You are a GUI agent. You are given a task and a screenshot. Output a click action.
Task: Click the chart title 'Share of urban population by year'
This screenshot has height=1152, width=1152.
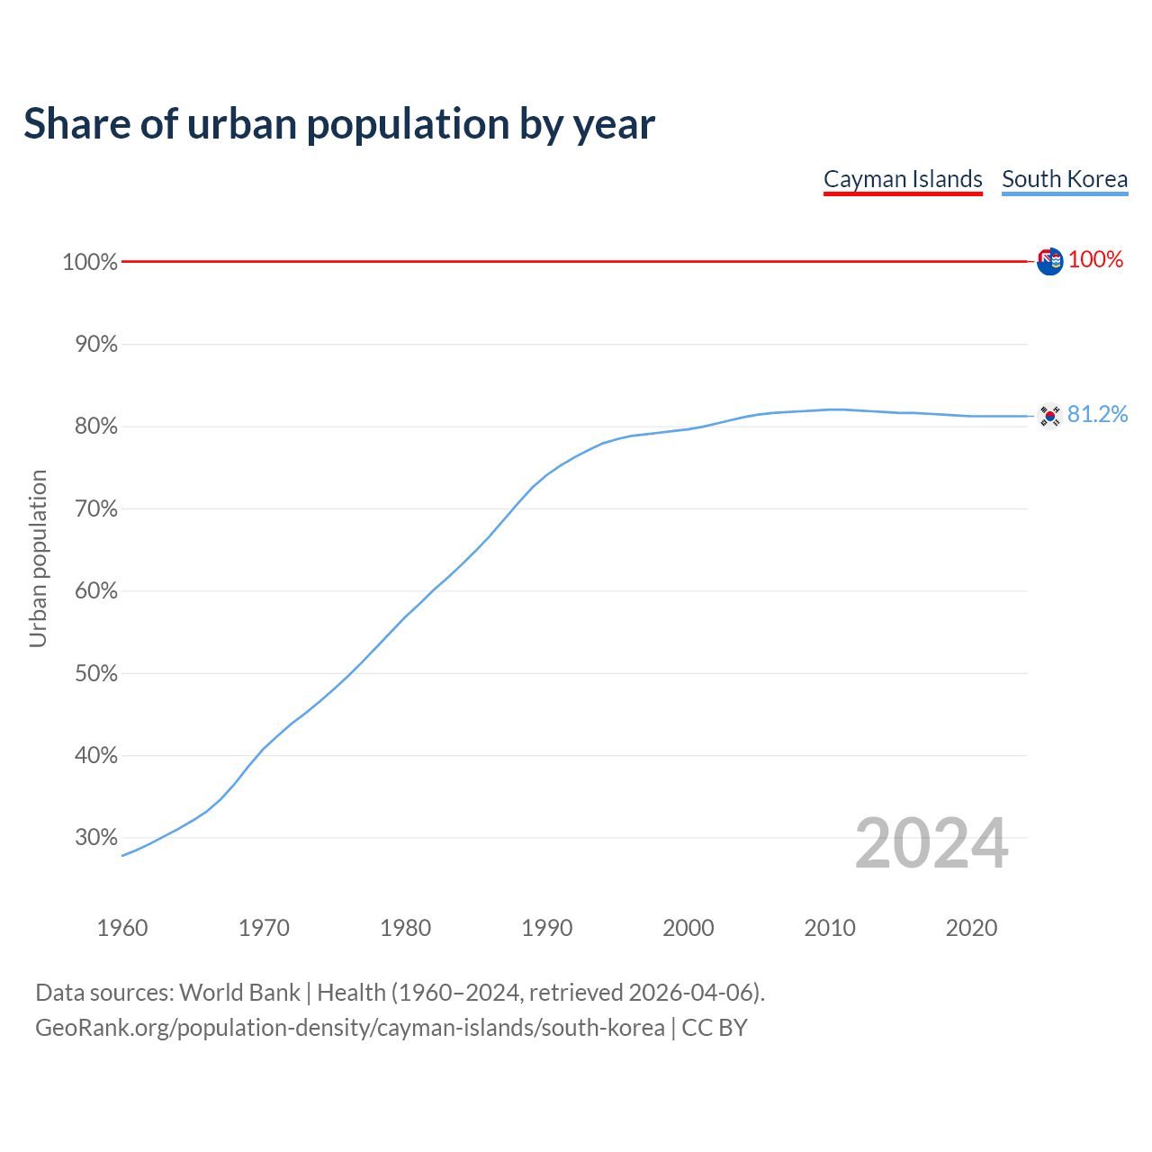(x=339, y=124)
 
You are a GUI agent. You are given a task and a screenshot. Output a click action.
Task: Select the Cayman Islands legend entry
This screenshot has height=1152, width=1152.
(x=903, y=179)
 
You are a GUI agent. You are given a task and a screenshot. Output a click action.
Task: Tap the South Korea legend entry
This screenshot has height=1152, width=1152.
(x=1065, y=179)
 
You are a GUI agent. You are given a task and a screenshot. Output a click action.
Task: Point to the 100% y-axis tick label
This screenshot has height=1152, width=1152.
(x=90, y=262)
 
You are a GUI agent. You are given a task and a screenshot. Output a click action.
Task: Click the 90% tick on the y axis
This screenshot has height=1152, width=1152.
(x=94, y=345)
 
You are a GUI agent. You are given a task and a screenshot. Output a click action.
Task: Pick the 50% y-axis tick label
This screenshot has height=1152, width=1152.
(x=94, y=673)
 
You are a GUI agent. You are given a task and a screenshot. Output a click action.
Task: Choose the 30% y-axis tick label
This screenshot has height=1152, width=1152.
(x=94, y=838)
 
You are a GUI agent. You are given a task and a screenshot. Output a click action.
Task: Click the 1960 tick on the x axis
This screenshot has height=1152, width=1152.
(x=122, y=928)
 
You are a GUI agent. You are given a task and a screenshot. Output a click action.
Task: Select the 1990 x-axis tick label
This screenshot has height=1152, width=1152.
(x=547, y=928)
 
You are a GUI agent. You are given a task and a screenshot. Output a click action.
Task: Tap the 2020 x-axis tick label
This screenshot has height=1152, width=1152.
(x=971, y=928)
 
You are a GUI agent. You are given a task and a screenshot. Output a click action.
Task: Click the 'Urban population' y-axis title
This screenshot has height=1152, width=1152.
(x=38, y=558)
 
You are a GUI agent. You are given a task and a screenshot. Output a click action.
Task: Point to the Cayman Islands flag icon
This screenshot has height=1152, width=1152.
(x=1049, y=261)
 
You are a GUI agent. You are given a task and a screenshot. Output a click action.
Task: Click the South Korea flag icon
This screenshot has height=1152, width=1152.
(x=1049, y=415)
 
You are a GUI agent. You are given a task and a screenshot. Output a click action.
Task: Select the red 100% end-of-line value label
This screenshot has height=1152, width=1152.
(x=1095, y=260)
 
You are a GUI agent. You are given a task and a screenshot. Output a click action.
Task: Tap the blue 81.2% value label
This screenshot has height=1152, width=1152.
(x=1097, y=414)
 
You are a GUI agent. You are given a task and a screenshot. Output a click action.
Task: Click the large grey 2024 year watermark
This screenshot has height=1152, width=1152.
(x=931, y=843)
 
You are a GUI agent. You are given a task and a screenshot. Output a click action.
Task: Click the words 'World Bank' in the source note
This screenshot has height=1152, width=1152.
(x=239, y=993)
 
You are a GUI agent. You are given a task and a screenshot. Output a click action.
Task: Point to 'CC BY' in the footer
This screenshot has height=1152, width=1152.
(x=715, y=1028)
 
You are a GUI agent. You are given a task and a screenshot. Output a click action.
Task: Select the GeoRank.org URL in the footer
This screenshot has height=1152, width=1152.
(x=349, y=1028)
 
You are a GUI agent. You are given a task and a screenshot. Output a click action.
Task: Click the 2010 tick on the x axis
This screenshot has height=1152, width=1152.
(x=830, y=928)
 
